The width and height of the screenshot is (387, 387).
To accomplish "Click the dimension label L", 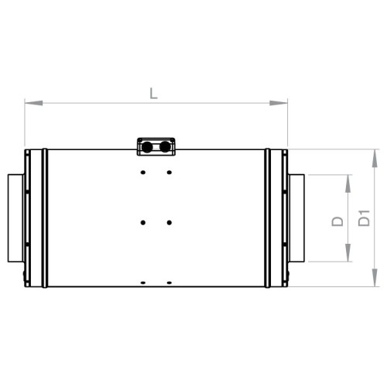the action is (153, 94).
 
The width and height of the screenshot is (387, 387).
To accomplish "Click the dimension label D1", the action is (364, 218).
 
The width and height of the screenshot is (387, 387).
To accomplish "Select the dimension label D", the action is (337, 221).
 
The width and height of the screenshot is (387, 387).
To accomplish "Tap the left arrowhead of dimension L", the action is (34, 103).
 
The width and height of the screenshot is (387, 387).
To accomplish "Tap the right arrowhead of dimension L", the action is (279, 103).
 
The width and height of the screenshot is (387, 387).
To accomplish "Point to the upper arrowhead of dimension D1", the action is (375, 158).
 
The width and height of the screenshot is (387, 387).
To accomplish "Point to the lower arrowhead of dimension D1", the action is (375, 277).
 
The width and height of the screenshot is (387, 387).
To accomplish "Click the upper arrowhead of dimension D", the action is (348, 183).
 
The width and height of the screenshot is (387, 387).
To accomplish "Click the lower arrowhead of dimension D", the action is (348, 252).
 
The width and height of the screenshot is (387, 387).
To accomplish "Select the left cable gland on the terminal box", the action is (147, 147).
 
